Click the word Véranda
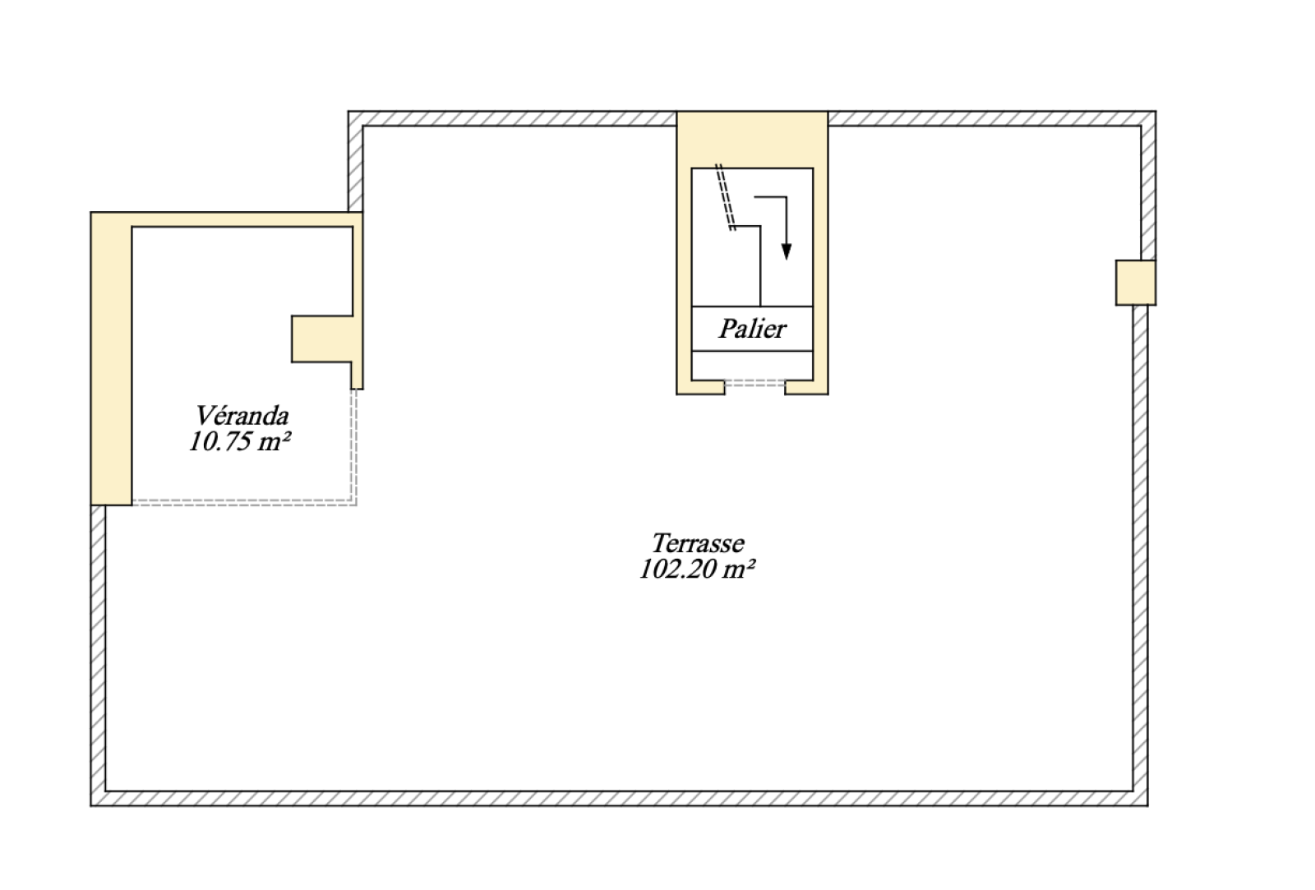click(242, 416)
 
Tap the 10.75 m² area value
click(240, 441)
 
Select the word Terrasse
click(698, 543)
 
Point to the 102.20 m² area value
click(697, 569)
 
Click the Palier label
click(752, 329)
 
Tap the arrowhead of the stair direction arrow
click(787, 251)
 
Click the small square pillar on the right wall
click(1135, 283)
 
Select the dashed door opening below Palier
click(755, 383)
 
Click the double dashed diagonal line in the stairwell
click(725, 197)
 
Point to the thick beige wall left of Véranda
click(111, 358)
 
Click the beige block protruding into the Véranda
click(322, 339)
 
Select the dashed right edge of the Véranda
click(354, 446)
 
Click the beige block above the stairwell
click(752, 139)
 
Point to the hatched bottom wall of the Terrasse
click(620, 799)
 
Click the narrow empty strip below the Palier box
click(752, 365)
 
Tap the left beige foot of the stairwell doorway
click(701, 387)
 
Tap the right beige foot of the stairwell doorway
click(806, 387)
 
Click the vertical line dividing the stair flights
click(761, 266)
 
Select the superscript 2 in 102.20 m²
click(751, 563)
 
